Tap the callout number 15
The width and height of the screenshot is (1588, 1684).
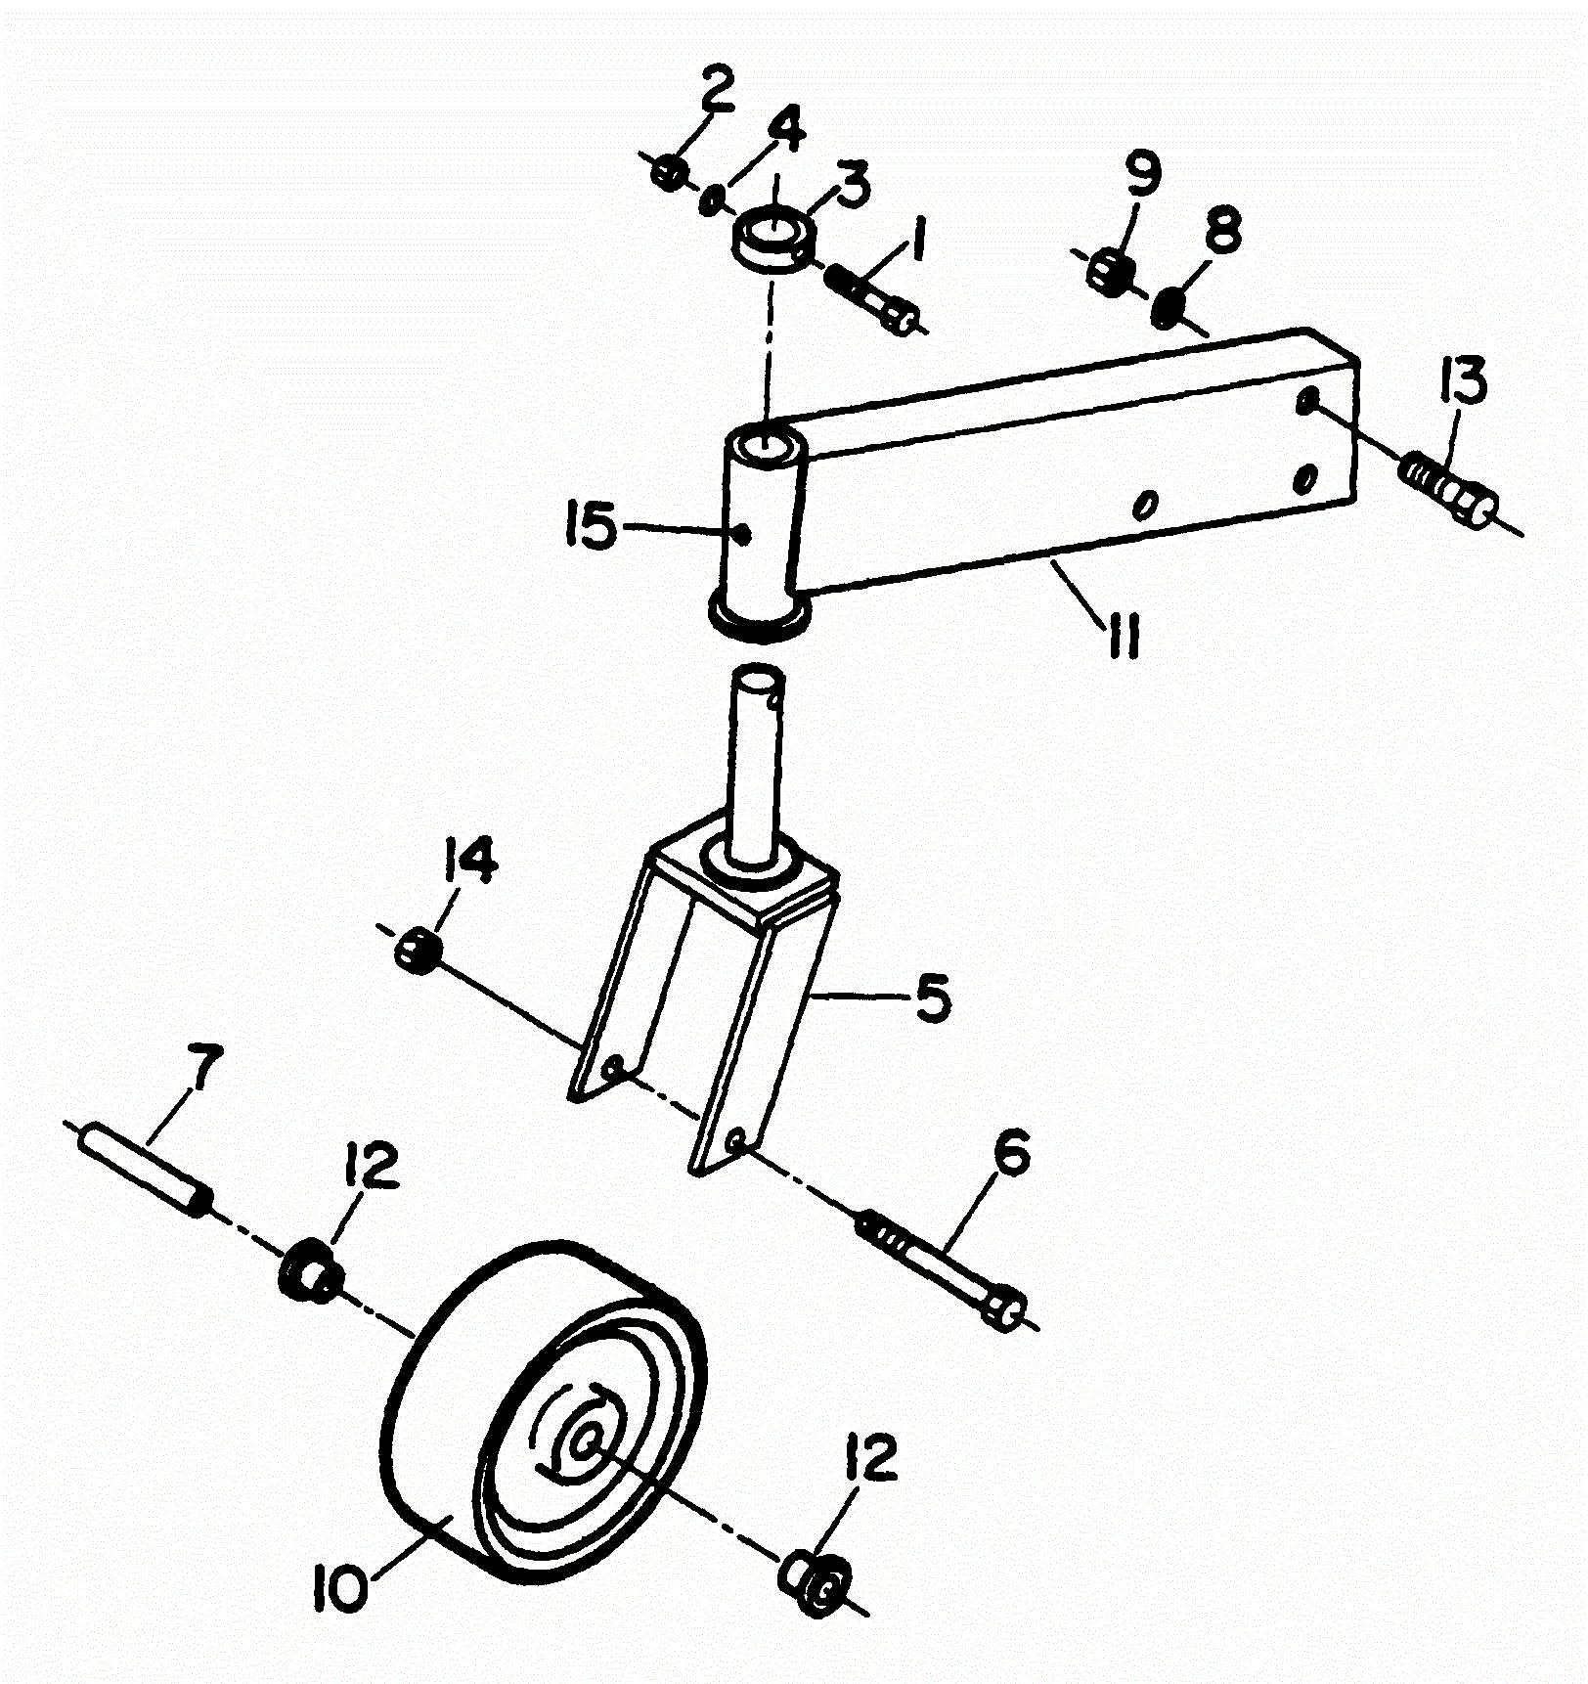coord(591,528)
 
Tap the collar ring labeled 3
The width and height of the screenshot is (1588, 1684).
coord(772,240)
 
